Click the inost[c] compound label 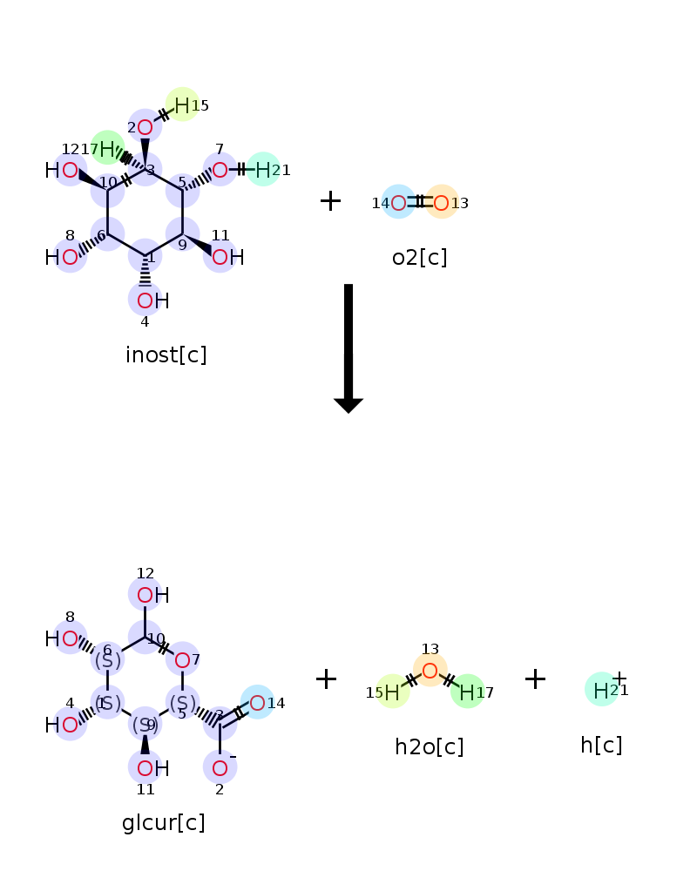166,355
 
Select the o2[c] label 419,257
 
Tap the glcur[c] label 164,823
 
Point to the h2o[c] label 429,746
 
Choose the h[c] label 601,745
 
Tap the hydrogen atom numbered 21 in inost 263,169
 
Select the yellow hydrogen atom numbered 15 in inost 182,105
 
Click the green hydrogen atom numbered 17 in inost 107,148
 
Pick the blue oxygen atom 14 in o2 398,202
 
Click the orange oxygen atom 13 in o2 442,202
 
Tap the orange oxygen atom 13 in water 430,670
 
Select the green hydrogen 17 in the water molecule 467,692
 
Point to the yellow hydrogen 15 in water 392,692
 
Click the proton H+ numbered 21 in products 601,690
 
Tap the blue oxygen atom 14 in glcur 257,702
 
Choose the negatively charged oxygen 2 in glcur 220,767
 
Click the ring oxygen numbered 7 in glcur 182,659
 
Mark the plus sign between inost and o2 330,201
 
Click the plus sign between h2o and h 535,679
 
